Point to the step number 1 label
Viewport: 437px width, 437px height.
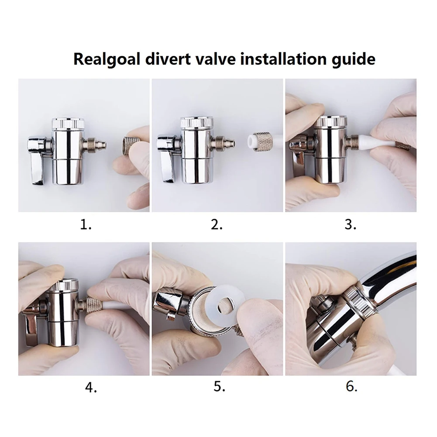pyautogui.click(x=86, y=224)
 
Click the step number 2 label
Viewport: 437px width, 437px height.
pyautogui.click(x=217, y=224)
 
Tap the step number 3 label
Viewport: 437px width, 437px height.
pyautogui.click(x=350, y=224)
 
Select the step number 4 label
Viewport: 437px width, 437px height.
pyautogui.click(x=91, y=387)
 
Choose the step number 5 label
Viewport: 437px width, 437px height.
pyautogui.click(x=219, y=386)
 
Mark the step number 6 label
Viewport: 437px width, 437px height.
pyautogui.click(x=351, y=386)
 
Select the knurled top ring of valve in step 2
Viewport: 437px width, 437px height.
pyautogui.click(x=197, y=122)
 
